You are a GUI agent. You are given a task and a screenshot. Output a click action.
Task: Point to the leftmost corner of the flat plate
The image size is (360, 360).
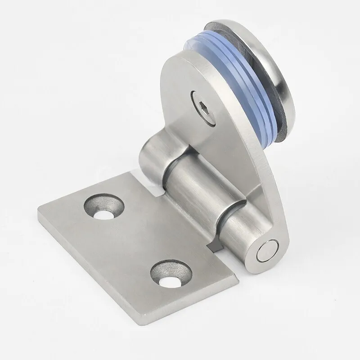coord(40,211)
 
